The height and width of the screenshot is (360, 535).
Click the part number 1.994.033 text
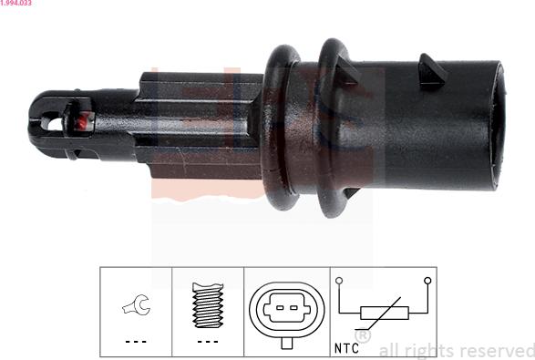click(15, 3)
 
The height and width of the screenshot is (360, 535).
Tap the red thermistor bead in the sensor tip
click(81, 122)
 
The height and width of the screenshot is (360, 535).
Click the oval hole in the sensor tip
click(52, 124)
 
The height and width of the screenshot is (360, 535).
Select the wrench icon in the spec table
click(137, 304)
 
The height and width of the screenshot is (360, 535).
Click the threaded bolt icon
click(208, 305)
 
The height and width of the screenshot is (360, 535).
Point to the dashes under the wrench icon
click(136, 341)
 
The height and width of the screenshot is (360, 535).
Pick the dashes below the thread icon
click(208, 341)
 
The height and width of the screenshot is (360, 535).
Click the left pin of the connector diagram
click(280, 308)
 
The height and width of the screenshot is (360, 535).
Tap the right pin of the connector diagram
click(293, 308)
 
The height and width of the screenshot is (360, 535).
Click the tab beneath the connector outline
click(286, 343)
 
